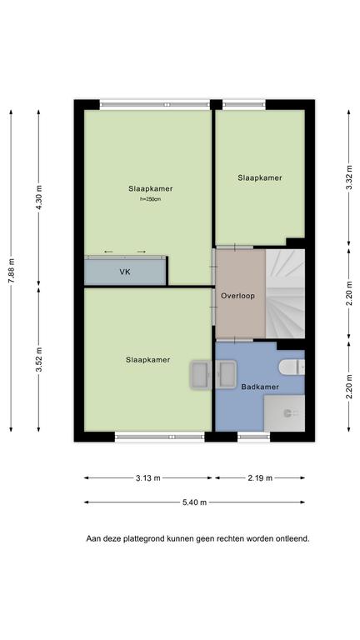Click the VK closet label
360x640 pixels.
click(125, 272)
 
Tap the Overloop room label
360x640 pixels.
click(237, 296)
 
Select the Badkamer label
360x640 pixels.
click(260, 387)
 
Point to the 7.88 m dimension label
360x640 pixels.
click(11, 270)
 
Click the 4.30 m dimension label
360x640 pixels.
click(39, 197)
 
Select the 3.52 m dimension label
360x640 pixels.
click(39, 360)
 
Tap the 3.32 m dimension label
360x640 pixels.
click(348, 177)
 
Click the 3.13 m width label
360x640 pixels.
click(148, 478)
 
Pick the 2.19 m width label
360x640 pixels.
click(260, 478)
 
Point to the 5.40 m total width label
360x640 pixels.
click(194, 502)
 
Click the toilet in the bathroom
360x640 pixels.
click(292, 367)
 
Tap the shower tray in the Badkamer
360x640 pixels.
click(284, 412)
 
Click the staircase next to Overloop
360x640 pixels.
click(285, 293)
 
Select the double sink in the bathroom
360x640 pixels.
click(213, 374)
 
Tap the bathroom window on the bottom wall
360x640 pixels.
click(253, 437)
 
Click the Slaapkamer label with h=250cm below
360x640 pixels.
click(151, 188)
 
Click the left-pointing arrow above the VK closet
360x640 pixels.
click(108, 252)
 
